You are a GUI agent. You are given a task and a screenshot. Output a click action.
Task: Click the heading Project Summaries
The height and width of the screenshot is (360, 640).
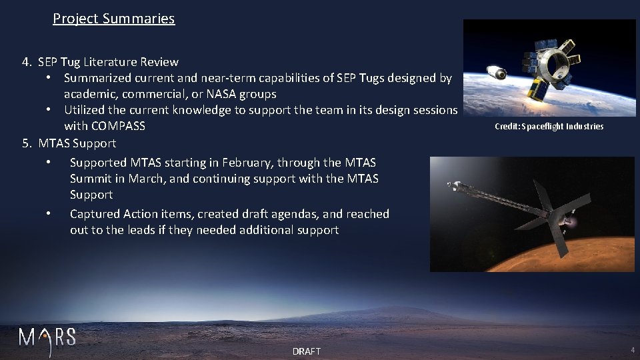click(x=113, y=19)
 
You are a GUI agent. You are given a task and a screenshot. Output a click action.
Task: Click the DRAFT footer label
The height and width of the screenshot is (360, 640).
click(x=307, y=351)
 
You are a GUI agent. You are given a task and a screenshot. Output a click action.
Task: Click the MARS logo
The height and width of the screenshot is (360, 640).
click(x=47, y=337)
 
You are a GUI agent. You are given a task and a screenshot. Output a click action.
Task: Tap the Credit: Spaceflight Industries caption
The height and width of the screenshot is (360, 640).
click(x=549, y=127)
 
